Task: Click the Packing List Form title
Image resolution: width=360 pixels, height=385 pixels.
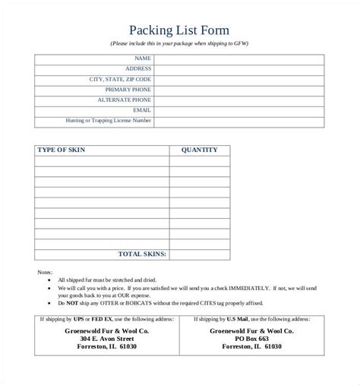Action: click(x=180, y=30)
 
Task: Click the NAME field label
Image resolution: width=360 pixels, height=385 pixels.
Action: click(x=142, y=58)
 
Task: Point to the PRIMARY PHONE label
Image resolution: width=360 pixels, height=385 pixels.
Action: click(x=126, y=90)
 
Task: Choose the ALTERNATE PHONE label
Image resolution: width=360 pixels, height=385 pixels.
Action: click(x=124, y=99)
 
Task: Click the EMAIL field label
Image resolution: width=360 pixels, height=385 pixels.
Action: click(x=141, y=110)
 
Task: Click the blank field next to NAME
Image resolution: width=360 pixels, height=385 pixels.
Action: click(x=239, y=58)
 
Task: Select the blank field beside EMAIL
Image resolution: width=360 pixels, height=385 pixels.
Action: click(x=239, y=110)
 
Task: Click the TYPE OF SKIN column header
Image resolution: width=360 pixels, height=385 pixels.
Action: click(x=61, y=150)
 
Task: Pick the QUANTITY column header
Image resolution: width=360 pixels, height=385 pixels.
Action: click(x=199, y=150)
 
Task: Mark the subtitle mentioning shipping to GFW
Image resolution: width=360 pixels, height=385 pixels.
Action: click(x=180, y=43)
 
